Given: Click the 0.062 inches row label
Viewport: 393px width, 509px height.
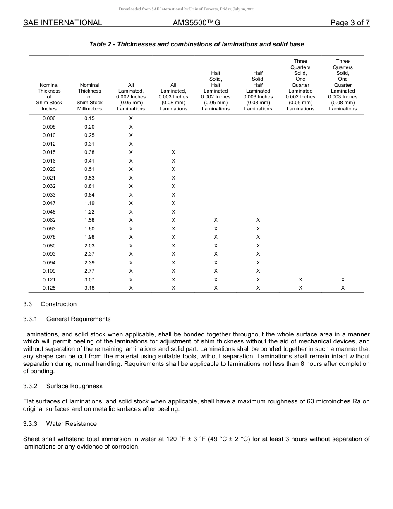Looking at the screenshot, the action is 49,220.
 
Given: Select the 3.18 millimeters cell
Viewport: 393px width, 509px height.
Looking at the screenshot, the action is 89,288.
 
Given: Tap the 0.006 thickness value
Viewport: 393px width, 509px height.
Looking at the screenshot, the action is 49,118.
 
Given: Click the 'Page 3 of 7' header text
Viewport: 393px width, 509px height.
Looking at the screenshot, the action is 350,23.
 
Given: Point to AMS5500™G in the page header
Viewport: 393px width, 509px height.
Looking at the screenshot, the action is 196,23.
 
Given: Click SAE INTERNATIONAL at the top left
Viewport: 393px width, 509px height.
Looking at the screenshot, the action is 62,23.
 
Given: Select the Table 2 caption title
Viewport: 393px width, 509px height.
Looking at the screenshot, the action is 196,44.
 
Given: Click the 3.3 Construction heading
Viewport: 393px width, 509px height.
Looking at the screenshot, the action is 50,304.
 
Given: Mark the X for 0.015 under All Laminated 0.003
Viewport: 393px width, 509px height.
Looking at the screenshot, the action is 173,152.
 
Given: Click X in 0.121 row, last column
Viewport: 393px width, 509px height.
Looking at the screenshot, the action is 343,280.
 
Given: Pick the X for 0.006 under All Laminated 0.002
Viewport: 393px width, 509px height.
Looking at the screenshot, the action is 131,118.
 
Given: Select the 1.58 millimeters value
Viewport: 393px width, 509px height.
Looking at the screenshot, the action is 89,220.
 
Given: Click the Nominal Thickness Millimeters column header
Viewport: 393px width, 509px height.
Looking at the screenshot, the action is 89,97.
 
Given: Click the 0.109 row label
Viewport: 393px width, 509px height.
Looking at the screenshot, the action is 49,271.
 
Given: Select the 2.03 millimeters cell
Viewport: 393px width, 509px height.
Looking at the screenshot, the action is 89,246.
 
